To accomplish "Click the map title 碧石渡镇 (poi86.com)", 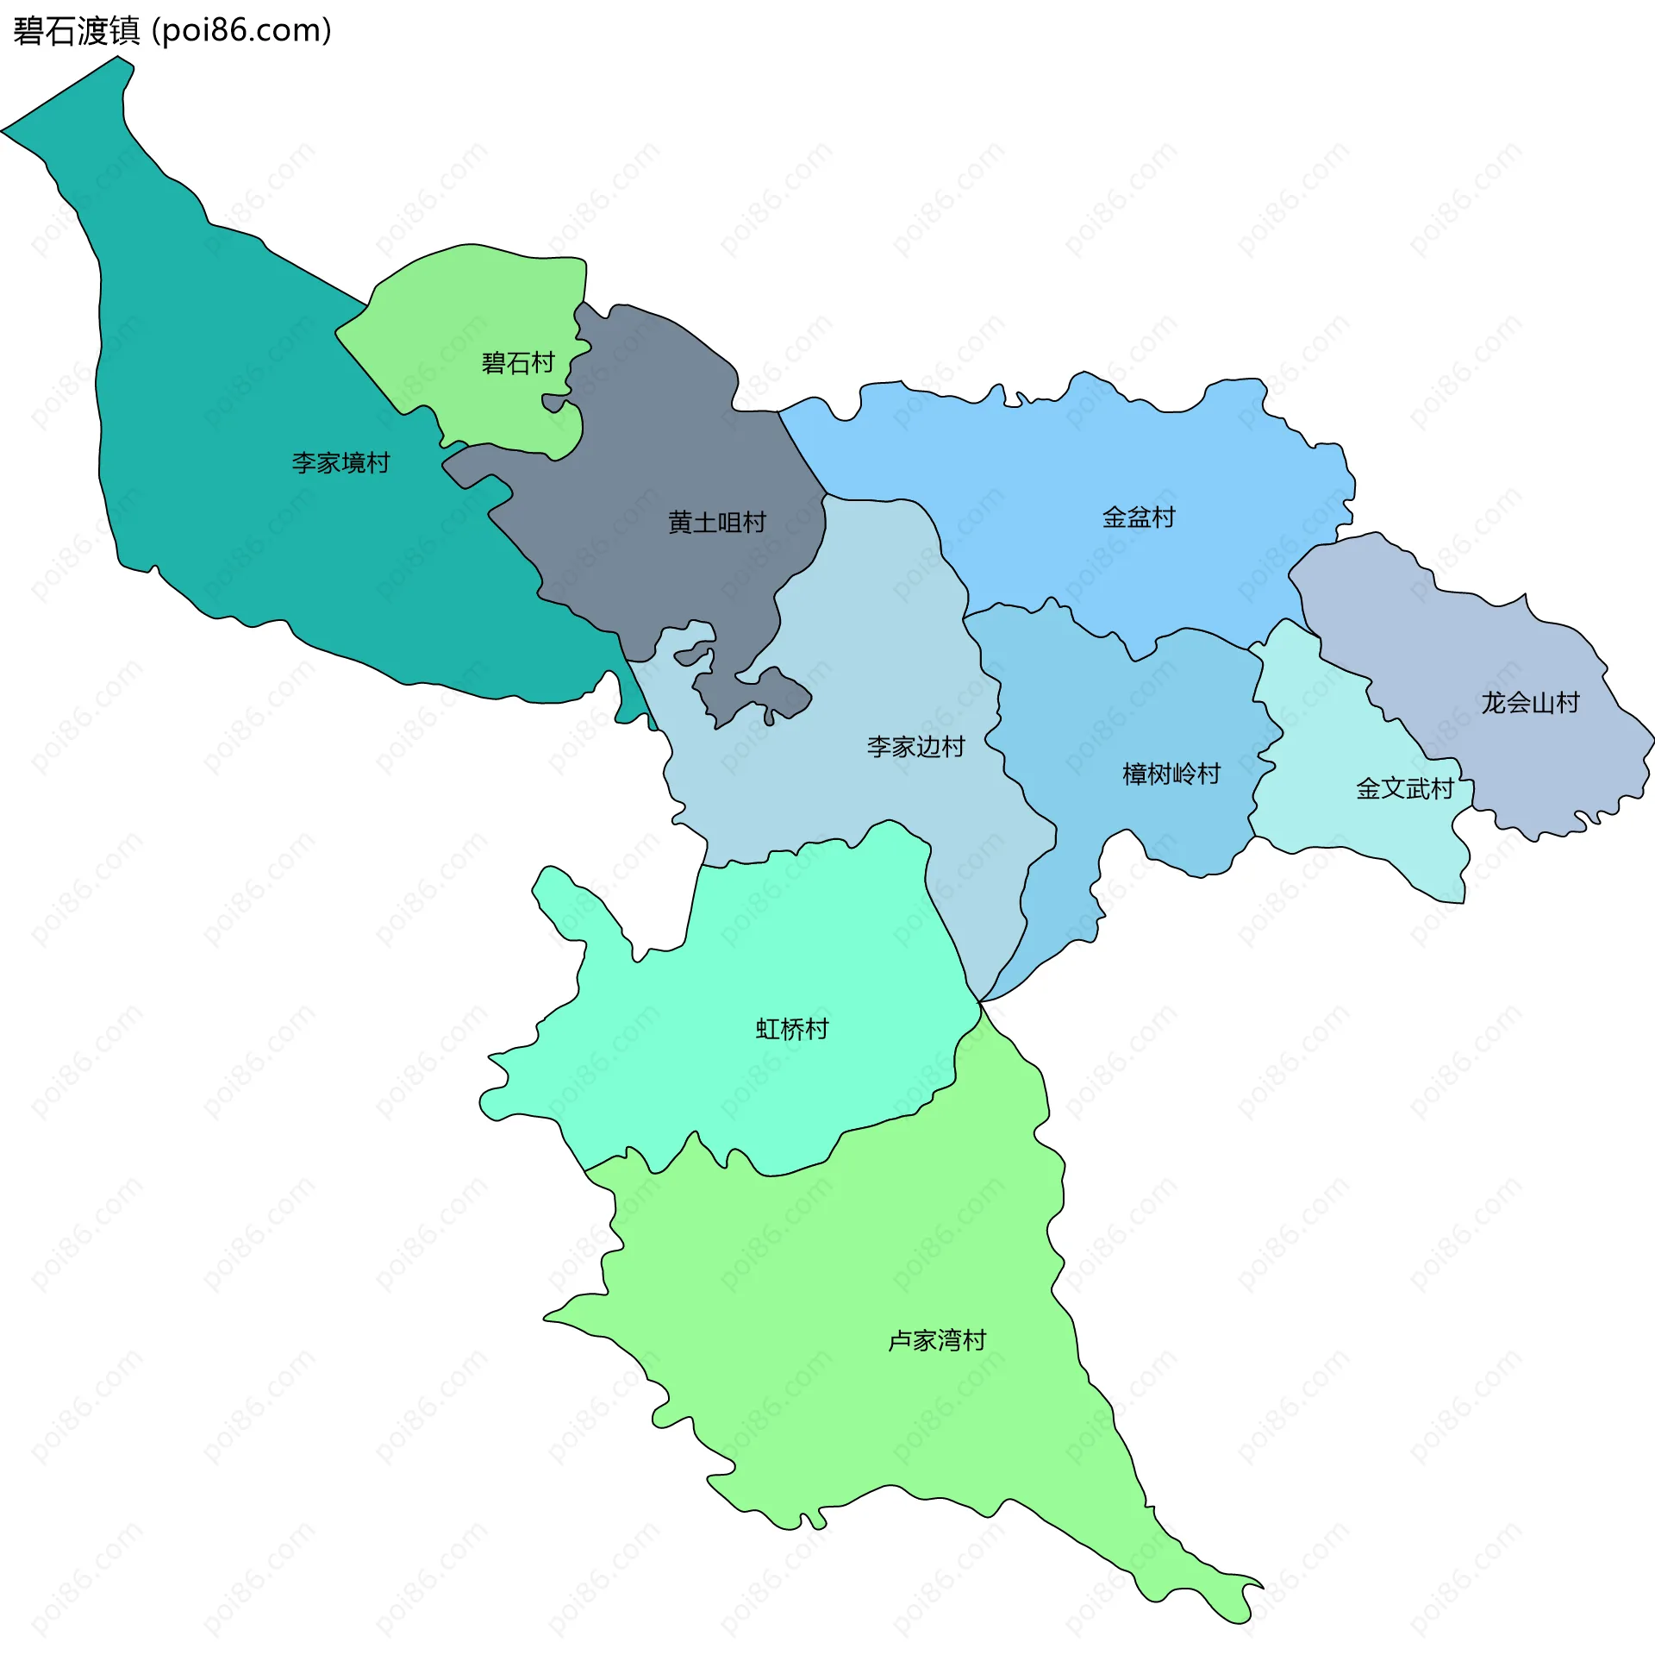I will [172, 31].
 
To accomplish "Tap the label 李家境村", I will [340, 462].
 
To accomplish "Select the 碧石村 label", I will [518, 362].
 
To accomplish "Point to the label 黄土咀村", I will [717, 523].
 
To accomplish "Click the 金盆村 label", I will [1139, 517].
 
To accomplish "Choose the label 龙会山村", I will [1531, 703].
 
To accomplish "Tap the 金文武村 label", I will [1406, 789].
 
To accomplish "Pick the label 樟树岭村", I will [1171, 774].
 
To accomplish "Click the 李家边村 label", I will [916, 746].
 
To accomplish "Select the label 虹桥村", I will [792, 1030].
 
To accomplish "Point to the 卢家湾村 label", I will [937, 1341].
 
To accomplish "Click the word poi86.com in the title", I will [240, 31].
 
